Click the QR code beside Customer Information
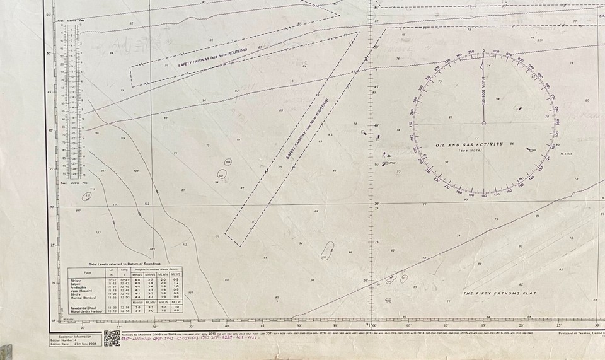point(112,339)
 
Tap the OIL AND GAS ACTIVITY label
point(470,144)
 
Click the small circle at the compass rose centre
point(484,122)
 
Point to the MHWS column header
point(137,275)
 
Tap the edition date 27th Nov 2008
point(83,345)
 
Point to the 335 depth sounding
point(114,205)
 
